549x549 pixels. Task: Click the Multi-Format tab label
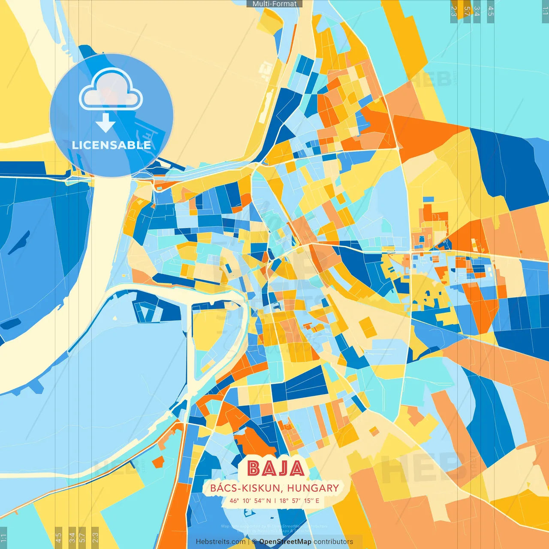click(x=274, y=4)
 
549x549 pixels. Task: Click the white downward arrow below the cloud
click(x=106, y=123)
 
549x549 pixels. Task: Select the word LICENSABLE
click(x=112, y=145)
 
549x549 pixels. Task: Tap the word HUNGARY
click(x=313, y=488)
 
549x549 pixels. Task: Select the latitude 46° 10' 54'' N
click(x=250, y=501)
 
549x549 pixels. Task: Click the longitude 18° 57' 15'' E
click(x=299, y=501)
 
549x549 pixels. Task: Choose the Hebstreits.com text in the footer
click(x=220, y=542)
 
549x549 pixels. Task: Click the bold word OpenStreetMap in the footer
click(x=285, y=542)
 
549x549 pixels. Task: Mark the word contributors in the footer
click(x=333, y=542)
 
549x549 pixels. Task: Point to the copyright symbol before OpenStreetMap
click(x=254, y=542)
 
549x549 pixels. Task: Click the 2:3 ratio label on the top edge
click(x=454, y=11)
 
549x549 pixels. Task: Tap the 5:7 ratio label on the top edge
click(x=467, y=11)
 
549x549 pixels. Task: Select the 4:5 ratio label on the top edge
click(x=491, y=11)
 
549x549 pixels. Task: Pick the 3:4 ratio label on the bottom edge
click(x=72, y=537)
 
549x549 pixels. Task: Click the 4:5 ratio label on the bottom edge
click(x=58, y=537)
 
